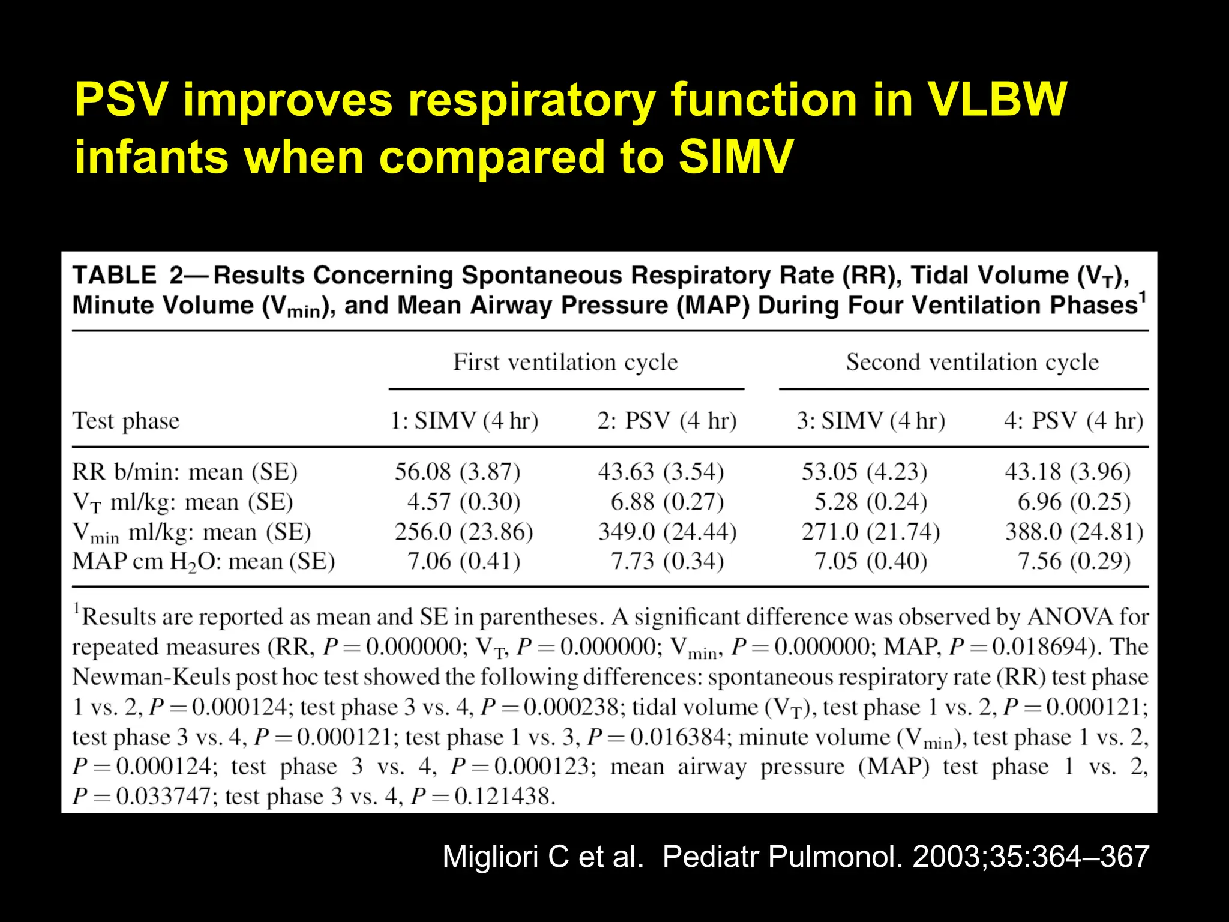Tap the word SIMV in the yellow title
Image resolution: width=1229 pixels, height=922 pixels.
click(736, 157)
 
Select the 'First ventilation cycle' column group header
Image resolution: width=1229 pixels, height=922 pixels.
click(565, 363)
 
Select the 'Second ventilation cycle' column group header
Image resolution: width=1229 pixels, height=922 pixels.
click(972, 363)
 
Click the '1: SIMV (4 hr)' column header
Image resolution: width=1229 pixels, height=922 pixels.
click(464, 421)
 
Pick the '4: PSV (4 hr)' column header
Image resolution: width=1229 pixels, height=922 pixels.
click(1074, 421)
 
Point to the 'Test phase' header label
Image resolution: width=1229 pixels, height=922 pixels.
click(126, 421)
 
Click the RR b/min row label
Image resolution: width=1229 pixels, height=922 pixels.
click(185, 472)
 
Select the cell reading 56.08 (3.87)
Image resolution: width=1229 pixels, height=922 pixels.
click(457, 472)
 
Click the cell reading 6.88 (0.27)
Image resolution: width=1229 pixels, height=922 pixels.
click(667, 502)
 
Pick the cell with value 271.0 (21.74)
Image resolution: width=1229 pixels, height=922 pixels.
click(871, 532)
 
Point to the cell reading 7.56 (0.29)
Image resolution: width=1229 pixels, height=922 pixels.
click(1074, 562)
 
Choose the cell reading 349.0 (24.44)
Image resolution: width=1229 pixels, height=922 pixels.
click(667, 532)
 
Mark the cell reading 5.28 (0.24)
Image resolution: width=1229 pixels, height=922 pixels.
click(871, 502)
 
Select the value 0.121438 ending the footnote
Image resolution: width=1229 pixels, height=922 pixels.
click(503, 797)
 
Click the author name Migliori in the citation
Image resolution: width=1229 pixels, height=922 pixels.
click(491, 857)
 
